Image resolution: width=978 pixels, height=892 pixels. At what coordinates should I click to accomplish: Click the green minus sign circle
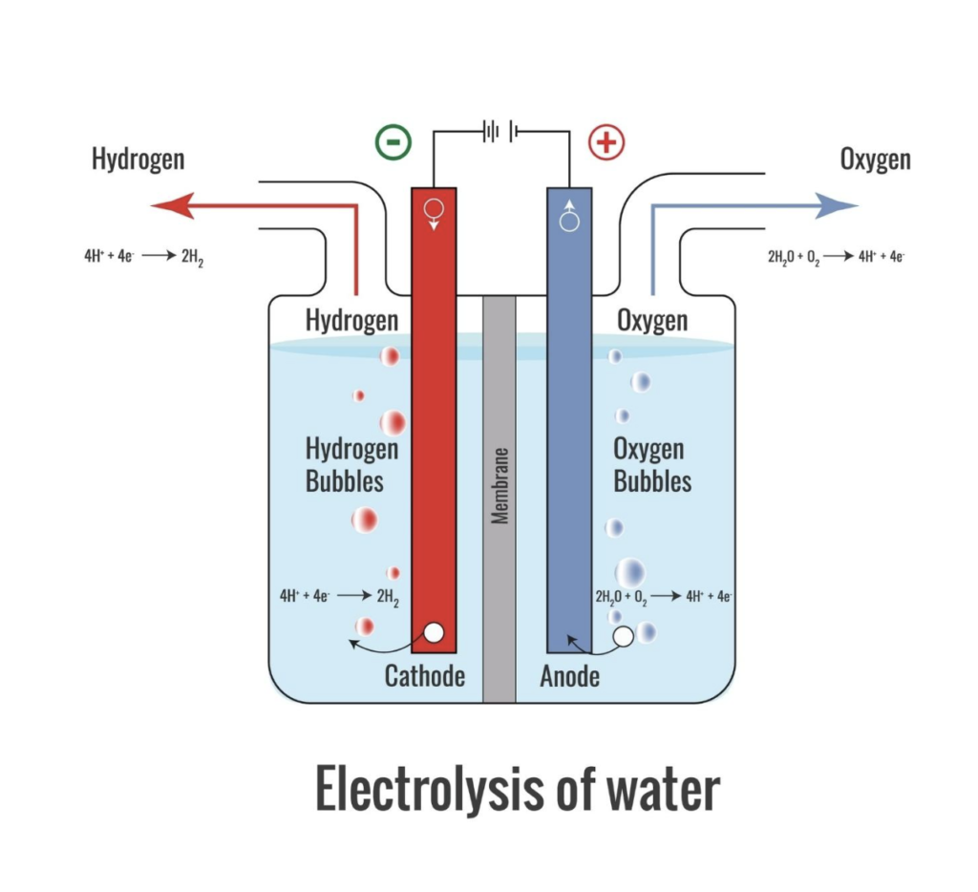pyautogui.click(x=392, y=142)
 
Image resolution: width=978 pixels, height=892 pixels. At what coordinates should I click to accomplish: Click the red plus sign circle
pyautogui.click(x=606, y=142)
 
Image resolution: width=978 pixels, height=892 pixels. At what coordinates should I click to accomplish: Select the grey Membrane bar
pyautogui.click(x=499, y=497)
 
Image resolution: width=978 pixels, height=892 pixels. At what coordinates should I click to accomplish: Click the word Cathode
pyautogui.click(x=424, y=676)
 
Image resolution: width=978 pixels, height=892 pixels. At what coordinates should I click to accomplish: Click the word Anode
pyautogui.click(x=569, y=676)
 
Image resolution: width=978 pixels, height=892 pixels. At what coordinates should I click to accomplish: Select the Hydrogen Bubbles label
pyautogui.click(x=351, y=464)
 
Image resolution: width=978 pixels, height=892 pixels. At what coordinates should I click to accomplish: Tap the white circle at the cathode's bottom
pyautogui.click(x=434, y=632)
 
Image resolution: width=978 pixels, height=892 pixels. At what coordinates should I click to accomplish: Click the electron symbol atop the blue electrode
pyautogui.click(x=569, y=216)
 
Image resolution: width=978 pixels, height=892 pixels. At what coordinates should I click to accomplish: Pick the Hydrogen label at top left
pyautogui.click(x=138, y=159)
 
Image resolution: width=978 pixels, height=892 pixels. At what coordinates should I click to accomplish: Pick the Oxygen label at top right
pyautogui.click(x=875, y=159)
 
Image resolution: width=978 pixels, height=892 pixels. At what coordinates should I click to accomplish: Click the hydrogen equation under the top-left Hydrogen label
pyautogui.click(x=143, y=257)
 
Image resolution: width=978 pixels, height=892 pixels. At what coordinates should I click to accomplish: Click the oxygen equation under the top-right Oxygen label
pyautogui.click(x=836, y=257)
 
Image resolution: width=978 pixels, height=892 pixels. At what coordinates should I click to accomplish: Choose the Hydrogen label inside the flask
pyautogui.click(x=351, y=320)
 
